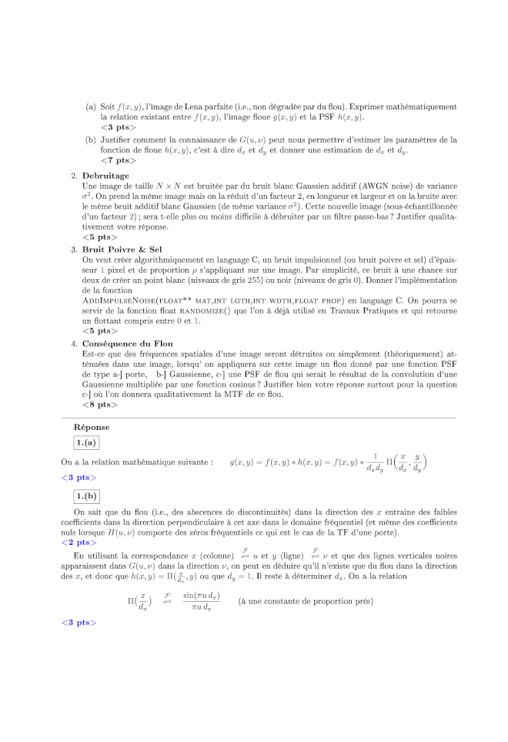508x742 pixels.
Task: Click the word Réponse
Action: [x=92, y=427]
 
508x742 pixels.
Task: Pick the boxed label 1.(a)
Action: [x=86, y=442]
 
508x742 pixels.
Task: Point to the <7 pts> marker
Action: [x=118, y=160]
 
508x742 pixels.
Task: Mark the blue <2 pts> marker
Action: [x=79, y=542]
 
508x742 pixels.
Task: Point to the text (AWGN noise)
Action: [x=371, y=186]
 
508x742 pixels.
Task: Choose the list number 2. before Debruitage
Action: [x=74, y=176]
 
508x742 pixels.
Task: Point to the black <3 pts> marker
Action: [x=118, y=126]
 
